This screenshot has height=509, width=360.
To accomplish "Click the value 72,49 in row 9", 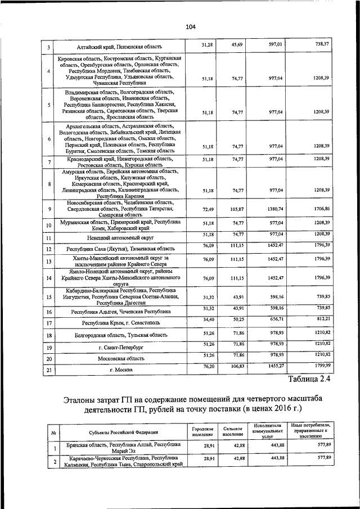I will (206, 209).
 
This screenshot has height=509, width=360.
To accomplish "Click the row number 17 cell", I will (49, 323).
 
